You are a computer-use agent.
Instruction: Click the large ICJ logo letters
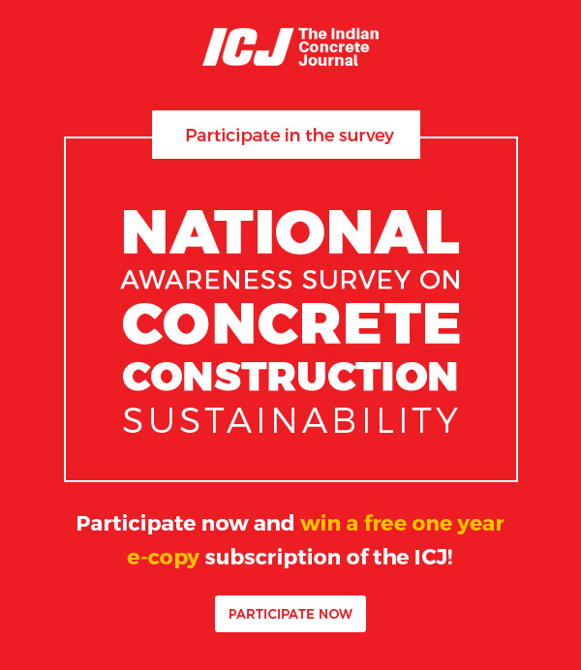tap(248, 47)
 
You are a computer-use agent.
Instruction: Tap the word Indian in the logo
tap(355, 34)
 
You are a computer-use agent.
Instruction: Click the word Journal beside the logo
tap(328, 61)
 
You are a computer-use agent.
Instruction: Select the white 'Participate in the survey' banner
tap(287, 135)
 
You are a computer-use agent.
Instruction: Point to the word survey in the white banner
tap(366, 136)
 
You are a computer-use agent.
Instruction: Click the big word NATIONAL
tap(290, 232)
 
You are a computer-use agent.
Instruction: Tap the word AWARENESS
tap(207, 280)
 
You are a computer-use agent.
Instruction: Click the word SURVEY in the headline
tap(356, 280)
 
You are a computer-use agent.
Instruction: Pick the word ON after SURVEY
tap(440, 280)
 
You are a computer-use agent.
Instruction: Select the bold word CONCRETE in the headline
tap(291, 323)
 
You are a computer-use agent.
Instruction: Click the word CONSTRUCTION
tap(290, 376)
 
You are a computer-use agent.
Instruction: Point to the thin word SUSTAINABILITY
tap(290, 420)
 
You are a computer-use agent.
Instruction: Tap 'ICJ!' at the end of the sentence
tap(434, 557)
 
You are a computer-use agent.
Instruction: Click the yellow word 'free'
tap(382, 523)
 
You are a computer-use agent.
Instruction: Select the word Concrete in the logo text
tap(334, 47)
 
